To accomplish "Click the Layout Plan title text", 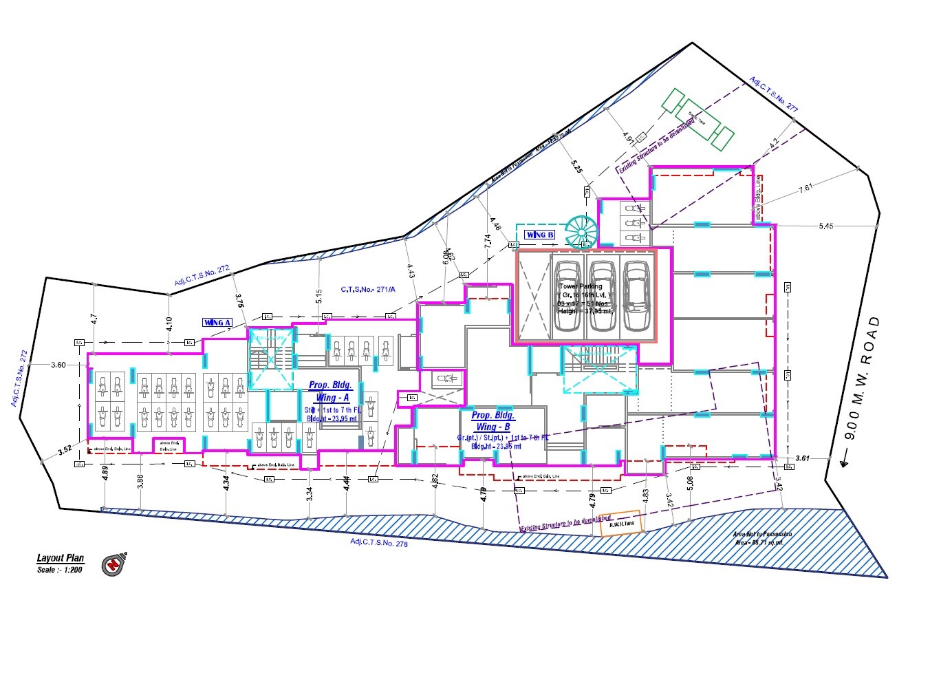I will tap(61, 558).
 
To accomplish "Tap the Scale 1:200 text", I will tap(60, 570).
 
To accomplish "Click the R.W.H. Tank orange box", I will tap(622, 523).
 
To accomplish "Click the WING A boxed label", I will tap(217, 322).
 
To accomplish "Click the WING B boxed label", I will tap(539, 235).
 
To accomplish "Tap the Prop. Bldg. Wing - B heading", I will tap(493, 421).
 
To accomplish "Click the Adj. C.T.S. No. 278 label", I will tap(379, 543).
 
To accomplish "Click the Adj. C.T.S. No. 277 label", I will tap(775, 94).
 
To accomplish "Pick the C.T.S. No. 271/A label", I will tap(368, 290).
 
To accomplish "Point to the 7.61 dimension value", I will tap(805, 187).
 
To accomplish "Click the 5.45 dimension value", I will tap(825, 226).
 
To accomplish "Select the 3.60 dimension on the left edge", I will tap(58, 365).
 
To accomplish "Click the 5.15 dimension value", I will tap(318, 296).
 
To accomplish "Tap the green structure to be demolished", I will tap(697, 119).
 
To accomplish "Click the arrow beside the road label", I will tap(844, 460).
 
